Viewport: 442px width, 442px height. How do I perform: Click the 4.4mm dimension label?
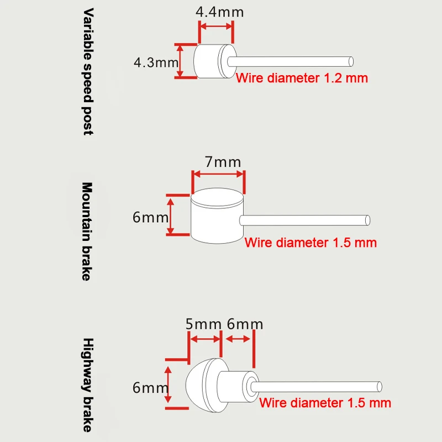pyautogui.click(x=219, y=12)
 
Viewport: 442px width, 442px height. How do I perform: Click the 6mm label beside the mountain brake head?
pyautogui.click(x=150, y=217)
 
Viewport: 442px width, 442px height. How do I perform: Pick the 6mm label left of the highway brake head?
pyautogui.click(x=150, y=388)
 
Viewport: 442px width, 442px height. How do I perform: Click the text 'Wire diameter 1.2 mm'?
pyautogui.click(x=302, y=78)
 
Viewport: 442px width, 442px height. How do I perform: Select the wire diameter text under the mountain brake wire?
pyautogui.click(x=311, y=242)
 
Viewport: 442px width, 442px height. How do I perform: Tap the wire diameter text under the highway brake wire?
pyautogui.click(x=325, y=403)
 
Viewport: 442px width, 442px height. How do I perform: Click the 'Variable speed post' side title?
pyautogui.click(x=88, y=71)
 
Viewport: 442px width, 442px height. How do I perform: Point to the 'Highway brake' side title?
pyautogui.click(x=87, y=385)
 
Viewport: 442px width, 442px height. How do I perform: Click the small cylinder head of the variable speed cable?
pyautogui.click(x=209, y=61)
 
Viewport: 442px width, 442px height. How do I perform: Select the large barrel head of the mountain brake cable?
pyautogui.click(x=217, y=215)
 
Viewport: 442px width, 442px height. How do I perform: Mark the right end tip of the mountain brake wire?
pyautogui.click(x=367, y=219)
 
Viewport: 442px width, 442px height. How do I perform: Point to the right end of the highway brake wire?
pyautogui.click(x=380, y=386)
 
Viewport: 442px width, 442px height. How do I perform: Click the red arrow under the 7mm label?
pyautogui.click(x=218, y=174)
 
